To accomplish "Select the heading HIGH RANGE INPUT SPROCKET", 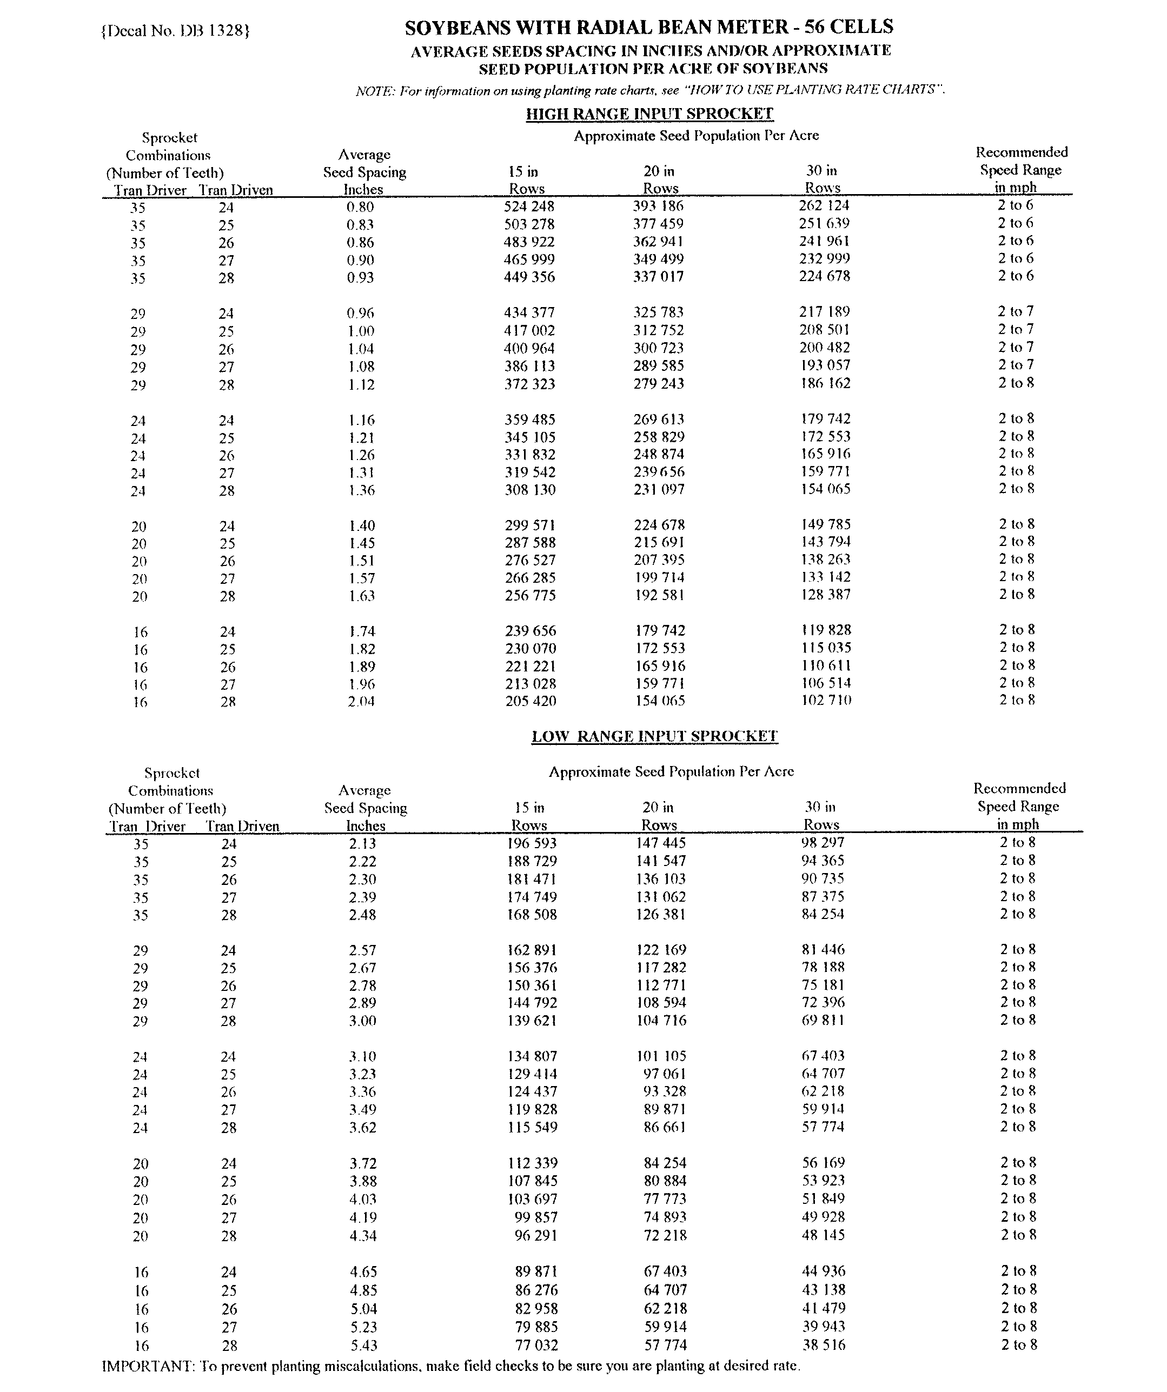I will point(649,114).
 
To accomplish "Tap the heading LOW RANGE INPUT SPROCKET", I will point(654,736).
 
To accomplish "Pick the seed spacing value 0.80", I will point(360,207).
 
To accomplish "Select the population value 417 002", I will point(529,331).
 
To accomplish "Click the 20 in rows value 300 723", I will point(659,348).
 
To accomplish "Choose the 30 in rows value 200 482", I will point(824,348).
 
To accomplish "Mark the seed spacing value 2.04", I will point(361,701).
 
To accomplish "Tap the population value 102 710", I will point(826,700).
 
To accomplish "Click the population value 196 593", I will point(532,843).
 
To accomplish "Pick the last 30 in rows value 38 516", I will point(824,1344).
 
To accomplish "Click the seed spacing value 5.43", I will point(363,1346).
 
